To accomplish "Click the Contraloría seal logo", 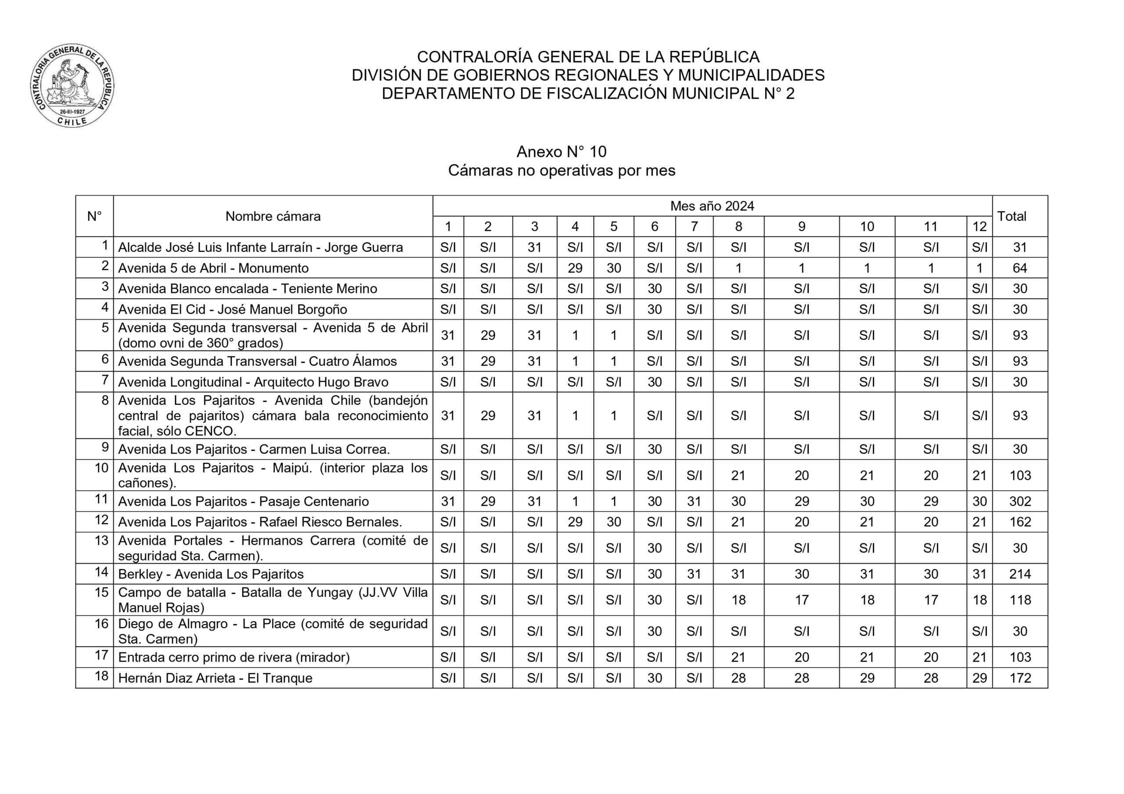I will coord(72,86).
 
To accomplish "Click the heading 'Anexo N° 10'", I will coord(562,152).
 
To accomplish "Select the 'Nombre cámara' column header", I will coord(273,216).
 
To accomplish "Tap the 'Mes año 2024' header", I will coord(712,206).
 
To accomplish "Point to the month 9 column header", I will coord(801,226).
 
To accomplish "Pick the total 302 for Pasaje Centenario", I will coord(1020,501).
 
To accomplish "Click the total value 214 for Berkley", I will coord(1020,574).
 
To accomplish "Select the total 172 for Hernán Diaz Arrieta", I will coord(1020,678).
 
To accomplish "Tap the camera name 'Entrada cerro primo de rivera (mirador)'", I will coord(234,658).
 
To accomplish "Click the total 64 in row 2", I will coord(1020,268).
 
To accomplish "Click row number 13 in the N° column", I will coord(101,540).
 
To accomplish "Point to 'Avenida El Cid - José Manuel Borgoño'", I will coord(233,310).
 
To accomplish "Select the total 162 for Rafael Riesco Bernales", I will coord(1020,522).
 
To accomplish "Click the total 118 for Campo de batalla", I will coord(1020,600).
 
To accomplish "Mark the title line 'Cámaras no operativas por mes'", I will coord(562,171).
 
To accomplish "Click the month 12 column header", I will coord(979,226).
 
